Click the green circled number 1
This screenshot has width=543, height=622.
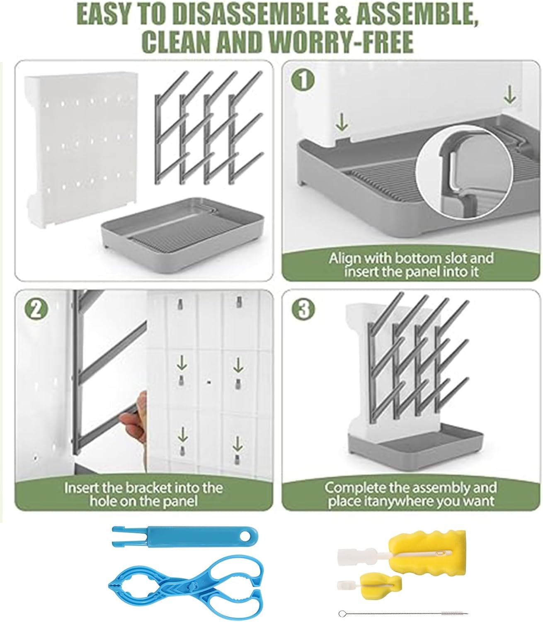pyautogui.click(x=303, y=80)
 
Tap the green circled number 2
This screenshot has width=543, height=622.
pyautogui.click(x=36, y=310)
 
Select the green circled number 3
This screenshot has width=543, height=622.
pyautogui.click(x=303, y=309)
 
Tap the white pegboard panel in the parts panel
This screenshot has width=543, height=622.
pyautogui.click(x=81, y=149)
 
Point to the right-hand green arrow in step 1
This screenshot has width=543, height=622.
pyautogui.click(x=509, y=94)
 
